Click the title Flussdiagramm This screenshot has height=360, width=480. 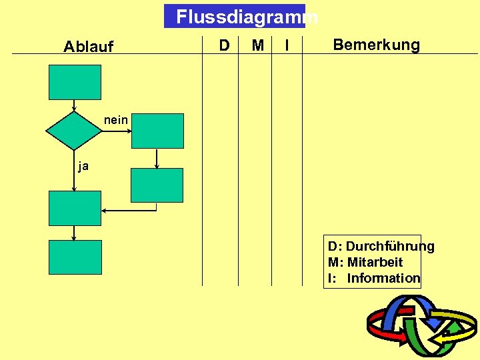coord(235,17)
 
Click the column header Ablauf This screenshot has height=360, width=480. coord(89,47)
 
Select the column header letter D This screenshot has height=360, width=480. coord(225,45)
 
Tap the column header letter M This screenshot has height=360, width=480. coord(258,45)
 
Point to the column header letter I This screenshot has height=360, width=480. coord(287,45)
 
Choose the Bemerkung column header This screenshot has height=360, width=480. coord(376,45)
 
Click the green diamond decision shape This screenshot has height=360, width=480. coord(74,131)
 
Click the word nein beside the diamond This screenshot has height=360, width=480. coord(116,121)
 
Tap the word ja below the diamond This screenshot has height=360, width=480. coord(83,167)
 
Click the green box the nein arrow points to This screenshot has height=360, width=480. coord(157,131)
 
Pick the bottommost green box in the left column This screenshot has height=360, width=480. coord(75,257)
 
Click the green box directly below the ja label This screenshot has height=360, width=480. coord(75,208)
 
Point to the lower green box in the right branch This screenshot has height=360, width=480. coord(157,185)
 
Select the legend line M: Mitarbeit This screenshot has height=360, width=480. coord(365,263)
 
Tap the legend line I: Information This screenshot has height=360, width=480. coord(374,278)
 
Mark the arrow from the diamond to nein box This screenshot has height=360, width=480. coord(117,131)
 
